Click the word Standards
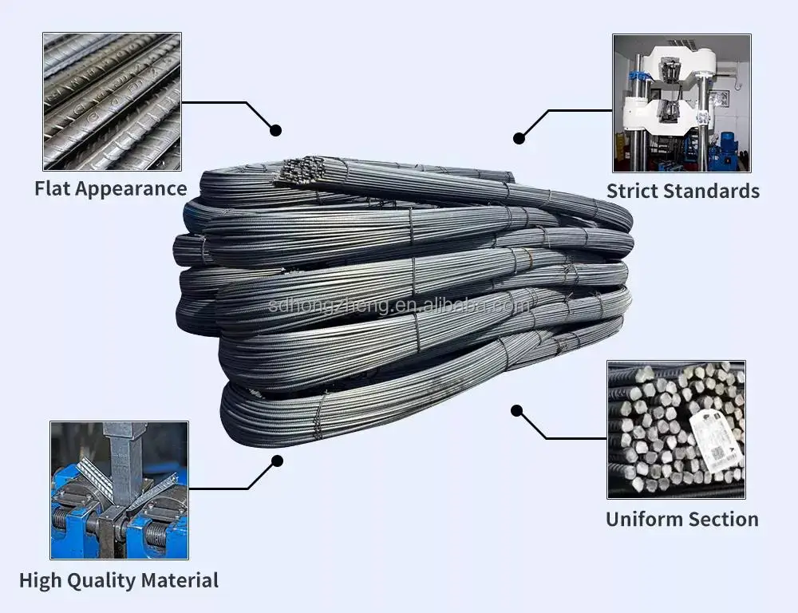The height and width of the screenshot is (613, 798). click(x=714, y=191)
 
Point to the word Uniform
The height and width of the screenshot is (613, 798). click(x=642, y=519)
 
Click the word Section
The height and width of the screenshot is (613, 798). click(x=721, y=519)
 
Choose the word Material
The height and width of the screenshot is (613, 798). click(x=183, y=580)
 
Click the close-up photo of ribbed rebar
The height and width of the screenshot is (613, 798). click(x=112, y=101)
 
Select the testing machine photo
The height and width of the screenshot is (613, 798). click(x=681, y=103)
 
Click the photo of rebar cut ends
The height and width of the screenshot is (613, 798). click(x=676, y=429)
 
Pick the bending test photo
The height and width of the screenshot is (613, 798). click(x=119, y=490)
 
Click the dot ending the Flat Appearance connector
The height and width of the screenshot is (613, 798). click(x=276, y=129)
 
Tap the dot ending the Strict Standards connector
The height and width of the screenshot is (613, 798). click(x=519, y=138)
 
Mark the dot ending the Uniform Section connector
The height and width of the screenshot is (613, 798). click(x=516, y=410)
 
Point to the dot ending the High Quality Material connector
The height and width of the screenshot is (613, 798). click(x=277, y=461)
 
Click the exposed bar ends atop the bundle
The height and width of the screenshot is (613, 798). click(x=303, y=169)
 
